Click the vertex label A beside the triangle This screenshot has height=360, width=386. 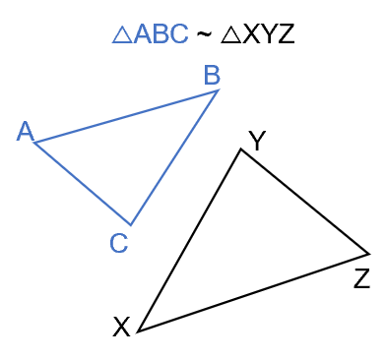point(25,132)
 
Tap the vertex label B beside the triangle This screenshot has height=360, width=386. point(212,75)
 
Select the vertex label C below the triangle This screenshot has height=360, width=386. point(118,243)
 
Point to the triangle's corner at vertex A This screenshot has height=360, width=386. point(34,144)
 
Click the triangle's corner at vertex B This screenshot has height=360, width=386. point(219,90)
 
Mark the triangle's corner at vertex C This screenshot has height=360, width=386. point(130,225)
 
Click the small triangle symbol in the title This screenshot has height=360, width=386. point(122,35)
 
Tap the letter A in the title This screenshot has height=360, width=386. point(143,35)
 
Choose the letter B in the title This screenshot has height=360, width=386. point(161,35)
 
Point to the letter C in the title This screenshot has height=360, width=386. point(178,35)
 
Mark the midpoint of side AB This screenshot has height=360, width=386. point(126,116)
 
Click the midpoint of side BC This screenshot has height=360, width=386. point(174,157)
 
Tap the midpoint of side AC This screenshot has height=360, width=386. point(82,184)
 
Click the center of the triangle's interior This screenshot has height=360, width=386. point(128,152)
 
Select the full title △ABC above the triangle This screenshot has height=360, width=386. point(150,35)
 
